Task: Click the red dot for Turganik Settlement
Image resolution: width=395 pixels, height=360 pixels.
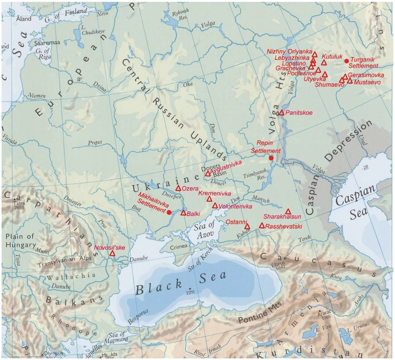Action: coord(346,61)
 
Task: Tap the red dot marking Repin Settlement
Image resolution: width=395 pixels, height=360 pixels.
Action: coord(271,158)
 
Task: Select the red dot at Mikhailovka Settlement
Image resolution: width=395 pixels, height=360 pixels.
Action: coord(169,212)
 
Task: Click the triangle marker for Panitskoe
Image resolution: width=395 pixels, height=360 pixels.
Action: coord(282,113)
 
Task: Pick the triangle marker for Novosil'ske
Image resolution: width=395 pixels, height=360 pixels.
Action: coord(112,254)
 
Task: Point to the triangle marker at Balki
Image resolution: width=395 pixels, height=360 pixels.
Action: coord(183,213)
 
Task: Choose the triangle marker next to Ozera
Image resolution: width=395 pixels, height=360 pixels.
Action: coord(178,188)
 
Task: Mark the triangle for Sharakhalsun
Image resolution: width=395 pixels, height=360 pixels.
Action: coord(288,212)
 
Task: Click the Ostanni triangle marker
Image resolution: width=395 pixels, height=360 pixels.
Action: coord(247,227)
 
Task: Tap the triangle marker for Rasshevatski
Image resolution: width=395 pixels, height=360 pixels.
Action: coord(262,226)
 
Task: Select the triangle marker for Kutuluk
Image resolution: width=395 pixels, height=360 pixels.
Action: coord(324,63)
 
